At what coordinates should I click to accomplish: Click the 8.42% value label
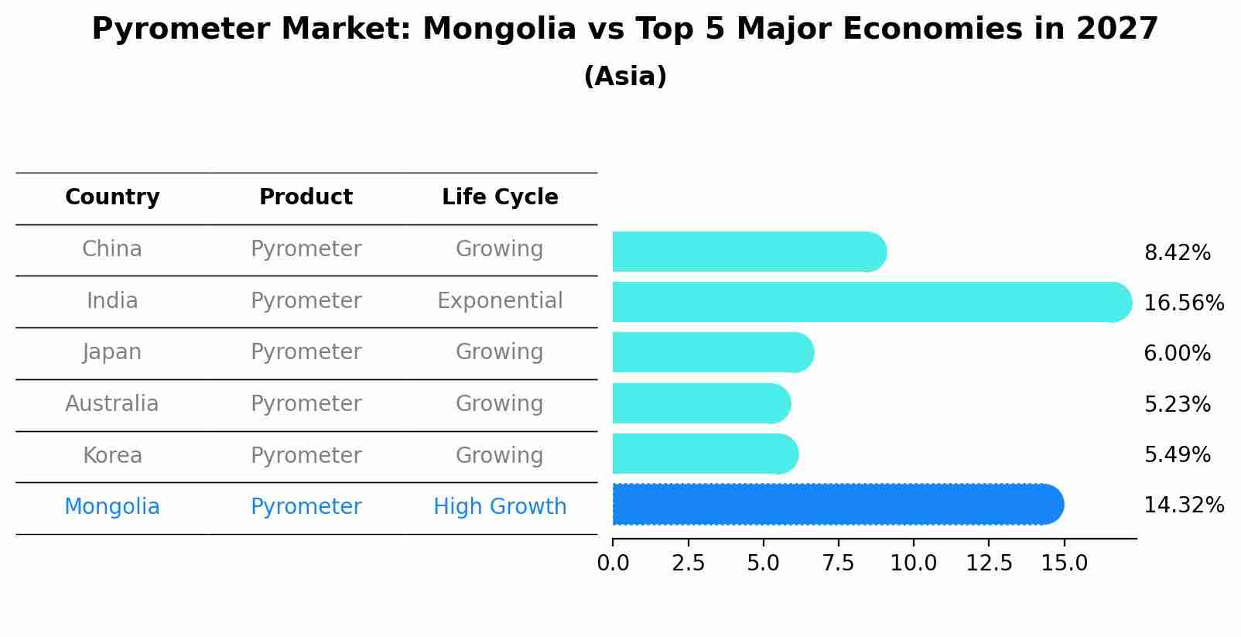(x=1177, y=253)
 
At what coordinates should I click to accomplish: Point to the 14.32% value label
(x=1183, y=505)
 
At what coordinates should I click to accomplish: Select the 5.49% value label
(x=1177, y=454)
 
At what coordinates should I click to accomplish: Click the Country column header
(x=112, y=197)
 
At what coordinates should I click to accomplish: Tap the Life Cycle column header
(x=500, y=197)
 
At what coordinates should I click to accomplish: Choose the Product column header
(x=306, y=197)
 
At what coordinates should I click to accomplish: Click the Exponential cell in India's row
(x=500, y=301)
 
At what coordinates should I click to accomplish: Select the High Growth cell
(x=500, y=507)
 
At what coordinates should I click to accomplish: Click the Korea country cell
(x=112, y=455)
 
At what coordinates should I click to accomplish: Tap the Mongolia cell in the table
(x=112, y=507)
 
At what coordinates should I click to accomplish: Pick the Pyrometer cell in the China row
(x=306, y=249)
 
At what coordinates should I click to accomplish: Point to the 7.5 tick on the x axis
(x=838, y=563)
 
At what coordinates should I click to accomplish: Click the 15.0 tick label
(x=1064, y=563)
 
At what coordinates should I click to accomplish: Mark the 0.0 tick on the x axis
(x=613, y=563)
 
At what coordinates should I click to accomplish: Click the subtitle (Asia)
(x=625, y=77)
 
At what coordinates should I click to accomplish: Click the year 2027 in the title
(x=1116, y=29)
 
